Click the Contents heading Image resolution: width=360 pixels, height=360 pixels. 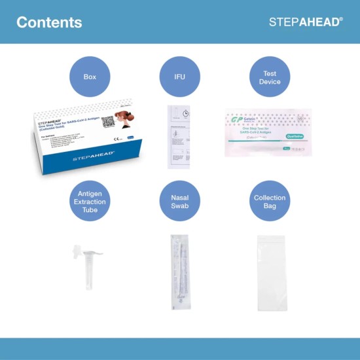[49, 22]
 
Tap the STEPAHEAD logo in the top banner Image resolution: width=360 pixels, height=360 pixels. [306, 22]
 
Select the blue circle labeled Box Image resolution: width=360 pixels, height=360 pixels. [90, 77]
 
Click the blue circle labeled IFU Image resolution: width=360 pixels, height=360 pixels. [180, 77]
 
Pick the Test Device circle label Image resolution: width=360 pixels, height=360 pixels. [270, 77]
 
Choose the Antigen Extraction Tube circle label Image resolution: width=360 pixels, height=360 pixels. [90, 202]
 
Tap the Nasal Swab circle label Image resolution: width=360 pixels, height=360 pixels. [180, 202]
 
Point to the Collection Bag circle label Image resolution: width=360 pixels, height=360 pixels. [270, 202]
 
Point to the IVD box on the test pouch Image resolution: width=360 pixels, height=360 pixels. [300, 120]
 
